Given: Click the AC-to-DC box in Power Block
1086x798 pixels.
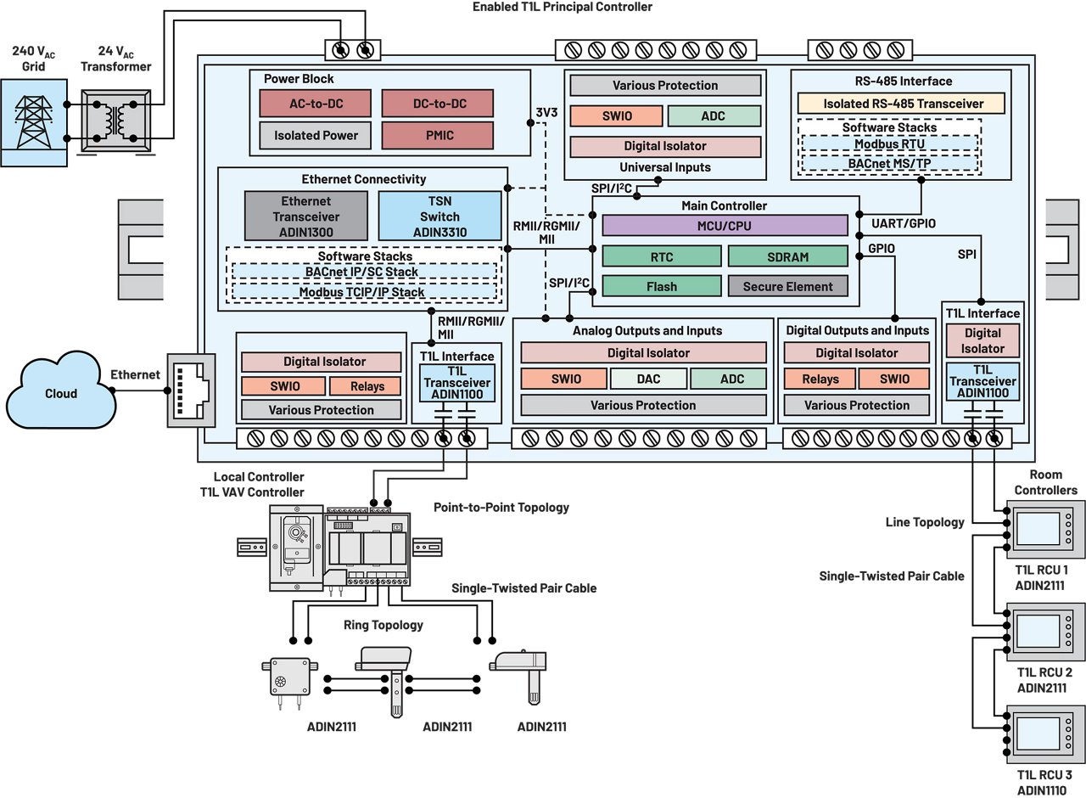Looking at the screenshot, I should [315, 103].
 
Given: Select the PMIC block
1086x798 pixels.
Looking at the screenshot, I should [436, 135].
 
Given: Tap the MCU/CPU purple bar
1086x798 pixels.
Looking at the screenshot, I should [725, 226].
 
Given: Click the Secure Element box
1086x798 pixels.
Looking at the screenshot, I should [787, 286].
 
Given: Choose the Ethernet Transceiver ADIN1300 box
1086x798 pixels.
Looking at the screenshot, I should [306, 216].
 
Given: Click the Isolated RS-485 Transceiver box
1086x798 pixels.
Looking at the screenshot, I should [900, 104].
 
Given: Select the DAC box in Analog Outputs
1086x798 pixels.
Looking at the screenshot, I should [648, 379].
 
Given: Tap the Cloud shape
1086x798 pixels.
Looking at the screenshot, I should [60, 393].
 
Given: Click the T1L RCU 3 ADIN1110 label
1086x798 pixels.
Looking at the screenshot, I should [1044, 782].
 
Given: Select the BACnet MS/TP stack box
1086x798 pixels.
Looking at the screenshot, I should [888, 161].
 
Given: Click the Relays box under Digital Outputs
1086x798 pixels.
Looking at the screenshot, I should [820, 379].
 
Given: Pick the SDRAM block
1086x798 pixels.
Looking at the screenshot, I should [787, 256].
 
